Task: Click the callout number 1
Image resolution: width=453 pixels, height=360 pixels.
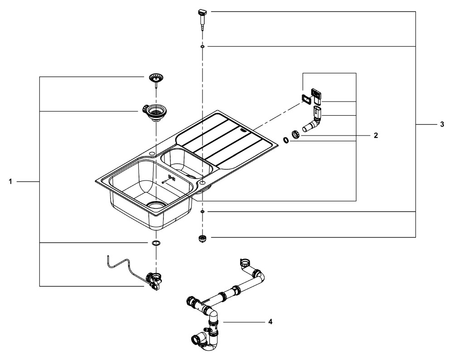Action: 10,181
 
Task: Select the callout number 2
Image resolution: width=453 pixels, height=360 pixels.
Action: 376,135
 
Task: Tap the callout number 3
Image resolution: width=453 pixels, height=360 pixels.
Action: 442,124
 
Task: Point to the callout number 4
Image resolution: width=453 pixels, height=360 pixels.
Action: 270,321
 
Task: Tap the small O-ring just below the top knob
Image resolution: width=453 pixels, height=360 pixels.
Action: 202,46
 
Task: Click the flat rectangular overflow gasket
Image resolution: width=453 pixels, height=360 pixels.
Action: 305,97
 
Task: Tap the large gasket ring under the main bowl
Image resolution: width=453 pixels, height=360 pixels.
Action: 156,243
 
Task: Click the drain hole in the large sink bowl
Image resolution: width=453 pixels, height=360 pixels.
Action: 156,204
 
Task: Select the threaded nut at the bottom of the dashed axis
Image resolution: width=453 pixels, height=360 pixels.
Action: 202,238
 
